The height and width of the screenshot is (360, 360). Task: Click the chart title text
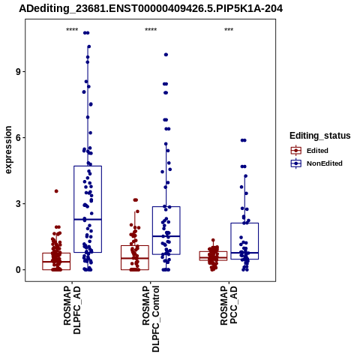click(x=151, y=8)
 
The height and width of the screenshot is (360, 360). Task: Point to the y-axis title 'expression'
click(x=8, y=150)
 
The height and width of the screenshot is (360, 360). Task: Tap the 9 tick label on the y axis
click(x=18, y=72)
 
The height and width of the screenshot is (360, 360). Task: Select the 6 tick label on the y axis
click(x=18, y=138)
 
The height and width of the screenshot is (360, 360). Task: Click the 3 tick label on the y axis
click(x=18, y=204)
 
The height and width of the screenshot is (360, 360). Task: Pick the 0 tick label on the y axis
click(x=18, y=270)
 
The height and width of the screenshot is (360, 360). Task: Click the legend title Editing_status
click(x=320, y=136)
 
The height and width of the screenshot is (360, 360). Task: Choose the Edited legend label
click(x=317, y=151)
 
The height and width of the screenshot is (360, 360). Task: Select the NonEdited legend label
click(x=325, y=163)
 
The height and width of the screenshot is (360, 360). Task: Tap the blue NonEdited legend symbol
click(x=296, y=163)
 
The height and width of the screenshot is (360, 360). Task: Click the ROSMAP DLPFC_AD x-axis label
click(x=72, y=310)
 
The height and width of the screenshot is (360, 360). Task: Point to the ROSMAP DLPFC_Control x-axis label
click(x=151, y=319)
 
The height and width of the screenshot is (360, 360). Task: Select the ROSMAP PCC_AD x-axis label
click(x=229, y=305)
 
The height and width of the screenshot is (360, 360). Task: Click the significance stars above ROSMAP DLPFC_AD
click(x=72, y=30)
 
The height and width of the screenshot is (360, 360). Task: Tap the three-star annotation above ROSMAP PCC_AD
click(x=229, y=30)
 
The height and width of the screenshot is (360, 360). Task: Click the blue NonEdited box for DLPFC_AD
click(x=88, y=166)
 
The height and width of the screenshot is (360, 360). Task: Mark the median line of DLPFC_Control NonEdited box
click(x=166, y=236)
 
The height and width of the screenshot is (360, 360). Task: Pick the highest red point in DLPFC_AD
click(x=56, y=191)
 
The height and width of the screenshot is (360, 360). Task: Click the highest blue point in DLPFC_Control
click(x=166, y=55)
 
